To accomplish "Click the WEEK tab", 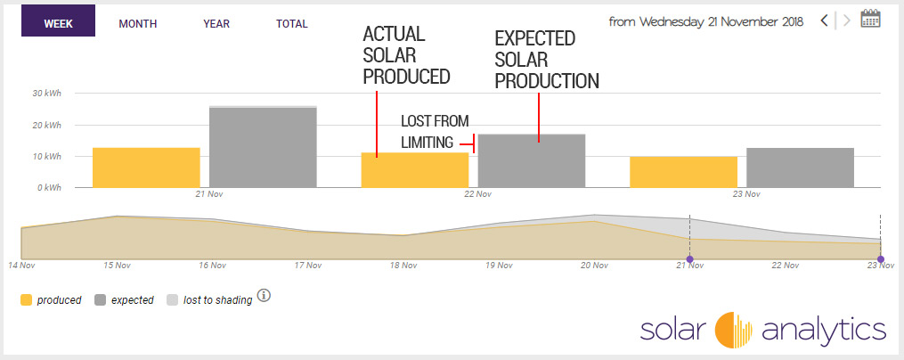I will [59, 24].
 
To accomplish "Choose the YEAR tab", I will [216, 24].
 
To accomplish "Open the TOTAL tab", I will [292, 24].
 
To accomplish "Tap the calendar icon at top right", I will [871, 19].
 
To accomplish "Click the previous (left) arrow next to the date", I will [825, 20].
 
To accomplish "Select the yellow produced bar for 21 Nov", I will [146, 168].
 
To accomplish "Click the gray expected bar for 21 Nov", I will [263, 147].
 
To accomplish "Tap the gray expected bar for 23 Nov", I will [800, 168].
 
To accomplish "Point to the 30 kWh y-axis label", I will [46, 94].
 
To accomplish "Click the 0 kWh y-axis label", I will [49, 188].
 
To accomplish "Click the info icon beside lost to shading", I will [264, 296].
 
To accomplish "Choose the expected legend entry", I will [125, 300].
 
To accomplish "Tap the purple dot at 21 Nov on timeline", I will [689, 259].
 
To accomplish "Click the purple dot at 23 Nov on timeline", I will [880, 259].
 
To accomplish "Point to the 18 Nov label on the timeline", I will [403, 266].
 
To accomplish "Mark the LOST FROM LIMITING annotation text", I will [435, 132].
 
